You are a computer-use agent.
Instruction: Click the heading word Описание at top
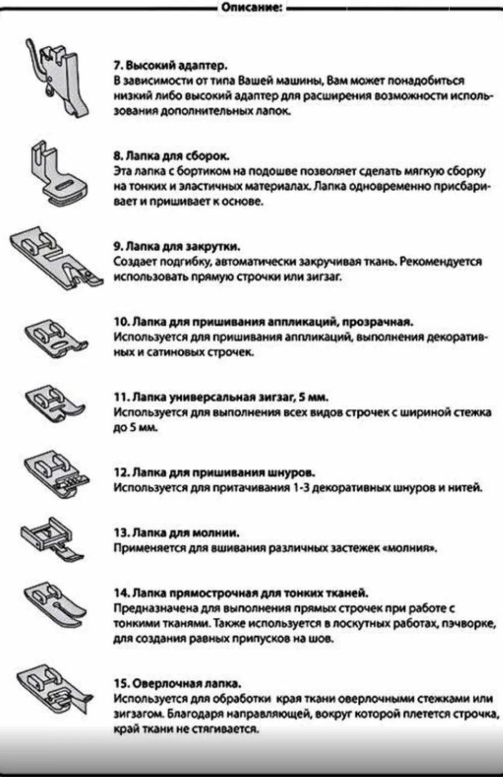point(252,7)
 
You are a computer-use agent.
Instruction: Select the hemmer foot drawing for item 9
point(56,257)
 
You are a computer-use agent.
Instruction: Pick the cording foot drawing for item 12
point(56,475)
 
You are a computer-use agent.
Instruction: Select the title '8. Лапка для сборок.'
point(171,156)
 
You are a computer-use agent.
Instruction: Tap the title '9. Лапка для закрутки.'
point(177,247)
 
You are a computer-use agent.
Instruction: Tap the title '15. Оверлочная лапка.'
point(178,684)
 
